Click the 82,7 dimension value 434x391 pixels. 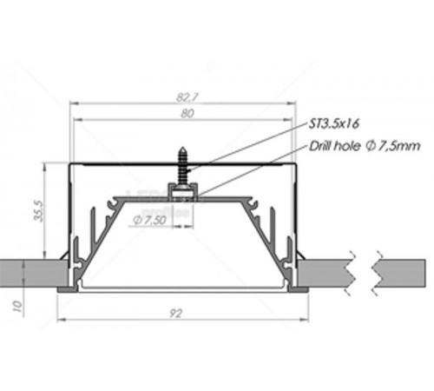coord(187,97)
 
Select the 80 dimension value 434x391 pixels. coord(187,114)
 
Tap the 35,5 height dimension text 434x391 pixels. coord(39,210)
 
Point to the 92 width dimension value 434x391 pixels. coord(175,314)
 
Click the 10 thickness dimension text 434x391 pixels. coord(17,306)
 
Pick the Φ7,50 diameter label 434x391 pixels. coord(149,221)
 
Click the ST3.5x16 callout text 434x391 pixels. coord(334,123)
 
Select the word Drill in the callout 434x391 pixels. coord(319,146)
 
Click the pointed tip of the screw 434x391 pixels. coord(183,148)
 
